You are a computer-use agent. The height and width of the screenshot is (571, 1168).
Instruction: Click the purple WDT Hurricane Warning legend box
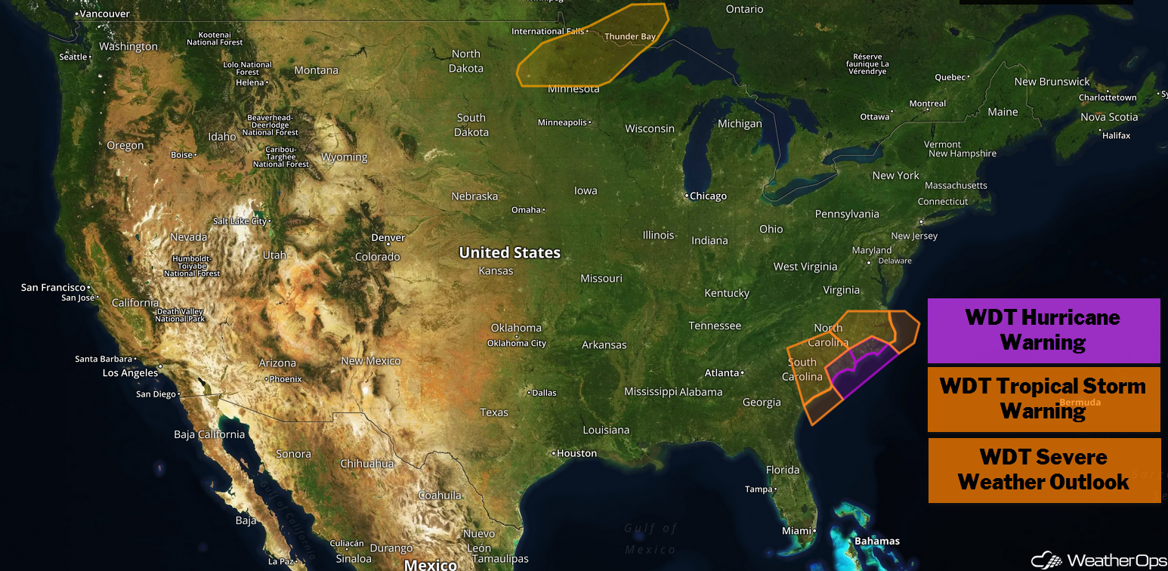pos(1043,330)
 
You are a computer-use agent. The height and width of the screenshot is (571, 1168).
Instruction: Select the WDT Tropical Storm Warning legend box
pos(1043,398)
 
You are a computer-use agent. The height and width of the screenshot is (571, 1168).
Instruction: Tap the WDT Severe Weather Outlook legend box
pos(1043,469)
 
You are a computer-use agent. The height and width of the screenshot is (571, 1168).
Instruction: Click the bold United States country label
pos(510,252)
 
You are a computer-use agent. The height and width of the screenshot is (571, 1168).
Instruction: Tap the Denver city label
pos(388,237)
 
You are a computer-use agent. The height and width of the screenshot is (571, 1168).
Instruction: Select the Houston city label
pos(576,453)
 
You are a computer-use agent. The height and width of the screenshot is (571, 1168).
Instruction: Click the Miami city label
pos(796,531)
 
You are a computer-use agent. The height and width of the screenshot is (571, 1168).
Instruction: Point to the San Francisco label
pos(53,287)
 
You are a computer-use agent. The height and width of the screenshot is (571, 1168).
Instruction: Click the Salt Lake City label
pos(240,221)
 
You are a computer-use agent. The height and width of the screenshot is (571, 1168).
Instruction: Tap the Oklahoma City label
pos(517,343)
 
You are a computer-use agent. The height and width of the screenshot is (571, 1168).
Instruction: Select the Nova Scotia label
pos(1108,117)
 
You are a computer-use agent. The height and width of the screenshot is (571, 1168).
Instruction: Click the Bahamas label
pos(876,541)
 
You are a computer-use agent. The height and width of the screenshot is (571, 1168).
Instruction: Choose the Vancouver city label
pos(104,14)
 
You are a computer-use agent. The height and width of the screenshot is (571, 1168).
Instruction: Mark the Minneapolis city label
pos(562,122)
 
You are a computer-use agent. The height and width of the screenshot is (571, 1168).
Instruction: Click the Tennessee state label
pos(715,326)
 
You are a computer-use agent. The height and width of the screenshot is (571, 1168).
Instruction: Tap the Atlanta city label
pos(721,372)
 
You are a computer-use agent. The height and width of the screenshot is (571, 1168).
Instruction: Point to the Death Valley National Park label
pos(181,315)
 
